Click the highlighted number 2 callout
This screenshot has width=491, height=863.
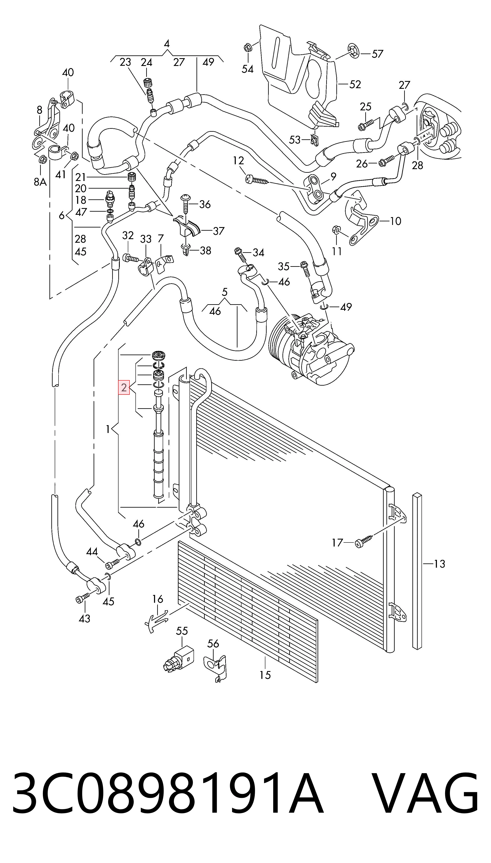point(124,387)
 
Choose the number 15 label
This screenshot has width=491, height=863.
point(265,682)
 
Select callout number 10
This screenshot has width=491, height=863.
point(395,221)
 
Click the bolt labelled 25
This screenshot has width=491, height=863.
point(366,125)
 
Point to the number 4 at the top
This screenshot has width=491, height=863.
point(166,44)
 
